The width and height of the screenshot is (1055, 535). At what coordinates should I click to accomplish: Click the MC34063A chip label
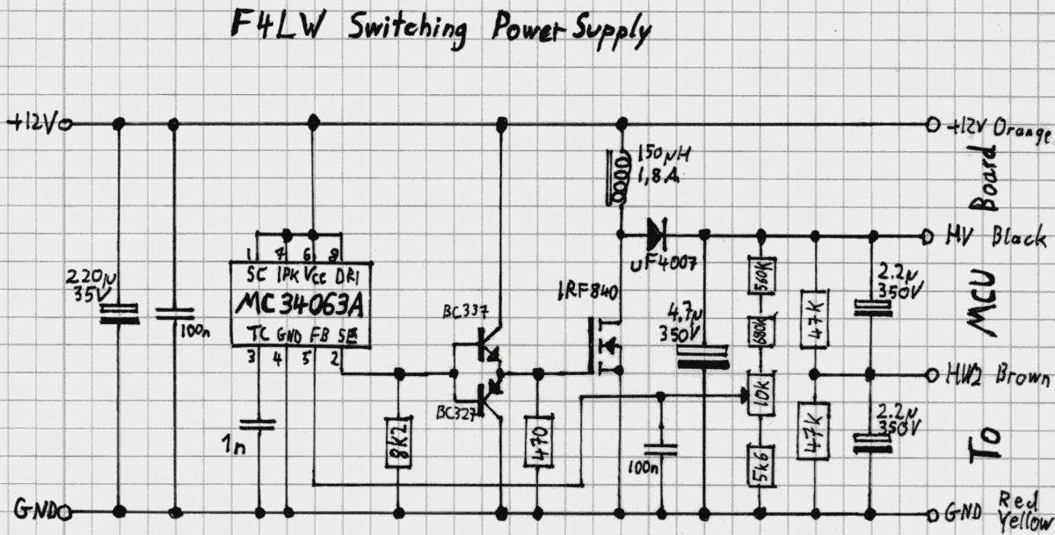tap(299, 305)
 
